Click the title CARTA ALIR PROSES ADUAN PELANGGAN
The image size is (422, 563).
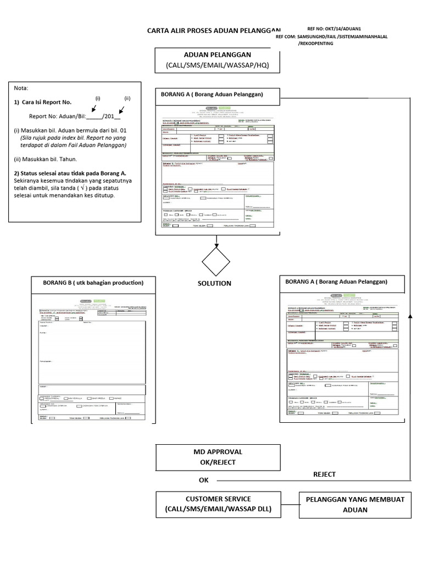[213, 31]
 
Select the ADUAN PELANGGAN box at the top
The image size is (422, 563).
[217, 60]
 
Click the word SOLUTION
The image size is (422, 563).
[214, 284]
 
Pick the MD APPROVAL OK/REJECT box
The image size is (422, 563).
[218, 457]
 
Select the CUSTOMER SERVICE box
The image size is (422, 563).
[218, 504]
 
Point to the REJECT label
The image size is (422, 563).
[324, 474]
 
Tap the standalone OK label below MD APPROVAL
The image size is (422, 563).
[204, 480]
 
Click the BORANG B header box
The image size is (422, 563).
[93, 283]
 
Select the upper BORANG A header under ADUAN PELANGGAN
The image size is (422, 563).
[217, 95]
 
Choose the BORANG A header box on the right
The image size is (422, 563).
[342, 282]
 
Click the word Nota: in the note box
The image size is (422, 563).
[21, 89]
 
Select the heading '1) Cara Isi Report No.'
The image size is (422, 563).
[42, 102]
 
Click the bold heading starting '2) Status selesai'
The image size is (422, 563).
[70, 173]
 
